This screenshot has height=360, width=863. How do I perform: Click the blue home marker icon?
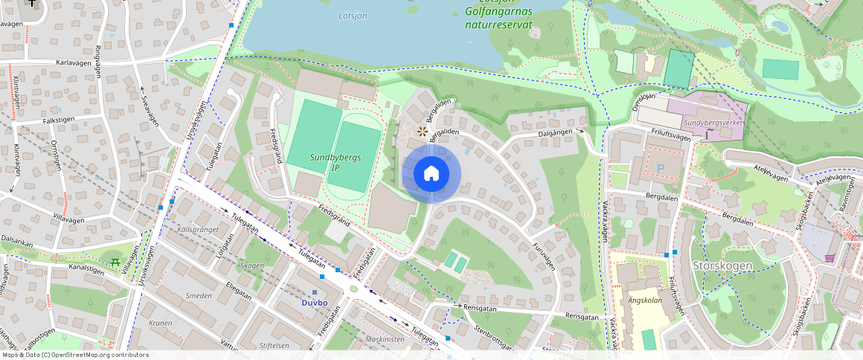pos(431,174)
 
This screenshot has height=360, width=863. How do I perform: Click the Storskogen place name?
pos(722,265)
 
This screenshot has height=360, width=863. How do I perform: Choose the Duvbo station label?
pos(315,303)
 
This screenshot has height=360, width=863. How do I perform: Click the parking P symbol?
pos(660,169)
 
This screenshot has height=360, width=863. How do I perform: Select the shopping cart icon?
pos(830,258)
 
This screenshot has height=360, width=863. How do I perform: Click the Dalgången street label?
pos(554,133)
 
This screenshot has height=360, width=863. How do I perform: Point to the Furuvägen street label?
pos(543,255)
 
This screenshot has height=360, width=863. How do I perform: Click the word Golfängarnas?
pos(498,11)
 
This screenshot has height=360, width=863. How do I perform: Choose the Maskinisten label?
pos(385,339)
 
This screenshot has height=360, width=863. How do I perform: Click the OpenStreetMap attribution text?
pos(76,355)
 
